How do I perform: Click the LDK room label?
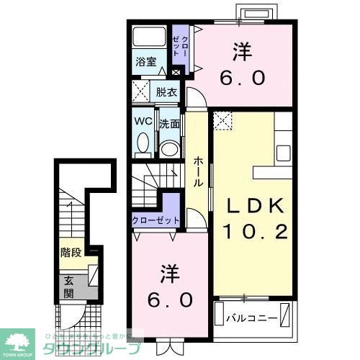[x=252, y=206]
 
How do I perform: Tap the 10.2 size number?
[x=252, y=232]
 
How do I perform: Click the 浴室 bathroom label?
[x=146, y=62]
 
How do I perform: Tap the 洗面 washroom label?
[x=170, y=123]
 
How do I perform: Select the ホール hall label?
[x=197, y=172]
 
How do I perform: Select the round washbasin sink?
[x=170, y=148]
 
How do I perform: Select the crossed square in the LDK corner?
[x=223, y=120]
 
